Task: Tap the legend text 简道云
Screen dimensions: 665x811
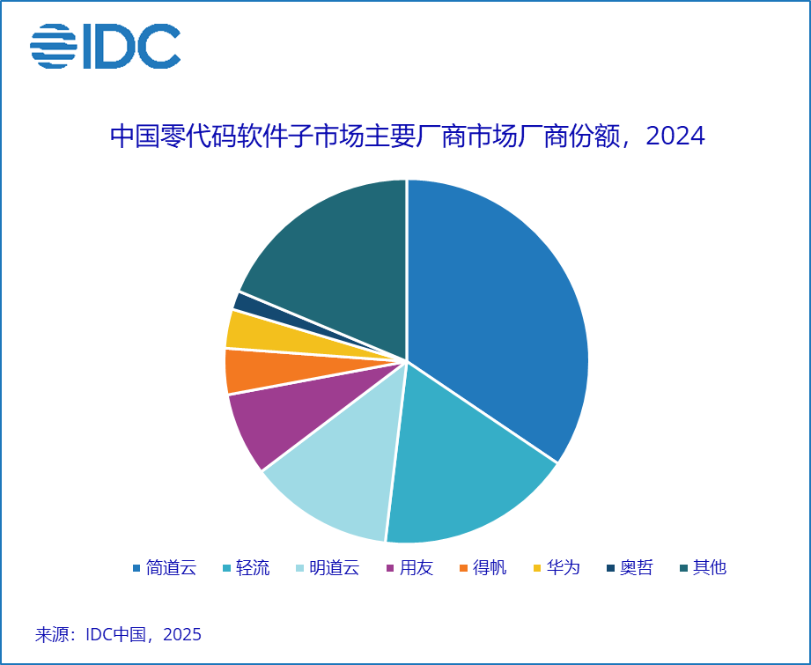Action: pyautogui.click(x=171, y=568)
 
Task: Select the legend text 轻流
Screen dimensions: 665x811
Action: pyautogui.click(x=254, y=568)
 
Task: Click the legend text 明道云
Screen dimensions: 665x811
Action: pyautogui.click(x=335, y=568)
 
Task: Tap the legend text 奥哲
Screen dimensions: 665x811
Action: pyautogui.click(x=636, y=568)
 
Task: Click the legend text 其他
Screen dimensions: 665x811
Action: pyautogui.click(x=710, y=568)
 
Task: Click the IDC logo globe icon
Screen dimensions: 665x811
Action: pyautogui.click(x=54, y=46)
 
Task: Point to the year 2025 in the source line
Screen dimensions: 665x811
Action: pyautogui.click(x=182, y=634)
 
